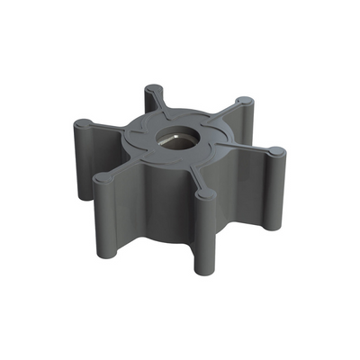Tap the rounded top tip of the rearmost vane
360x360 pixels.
(x=155, y=91)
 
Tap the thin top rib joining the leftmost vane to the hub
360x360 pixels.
(x=108, y=126)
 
